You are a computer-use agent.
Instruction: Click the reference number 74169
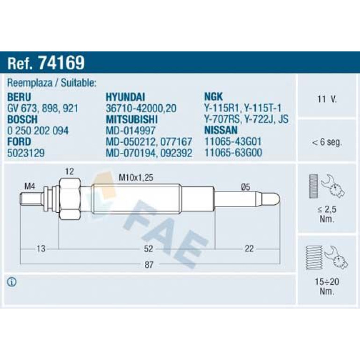coord(62,63)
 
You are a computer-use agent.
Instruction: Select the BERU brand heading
coord(19,97)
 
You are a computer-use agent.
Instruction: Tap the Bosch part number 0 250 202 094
coord(38,130)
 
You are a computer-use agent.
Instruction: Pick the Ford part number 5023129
coord(26,153)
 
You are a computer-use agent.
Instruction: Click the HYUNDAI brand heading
coord(125,97)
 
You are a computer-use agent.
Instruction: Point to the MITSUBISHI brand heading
coord(131,119)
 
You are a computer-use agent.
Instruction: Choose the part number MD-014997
coord(130,130)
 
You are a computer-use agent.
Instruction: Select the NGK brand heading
coord(213,97)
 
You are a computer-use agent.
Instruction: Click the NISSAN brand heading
coord(221,130)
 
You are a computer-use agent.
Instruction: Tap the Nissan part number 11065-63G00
coord(233,153)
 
